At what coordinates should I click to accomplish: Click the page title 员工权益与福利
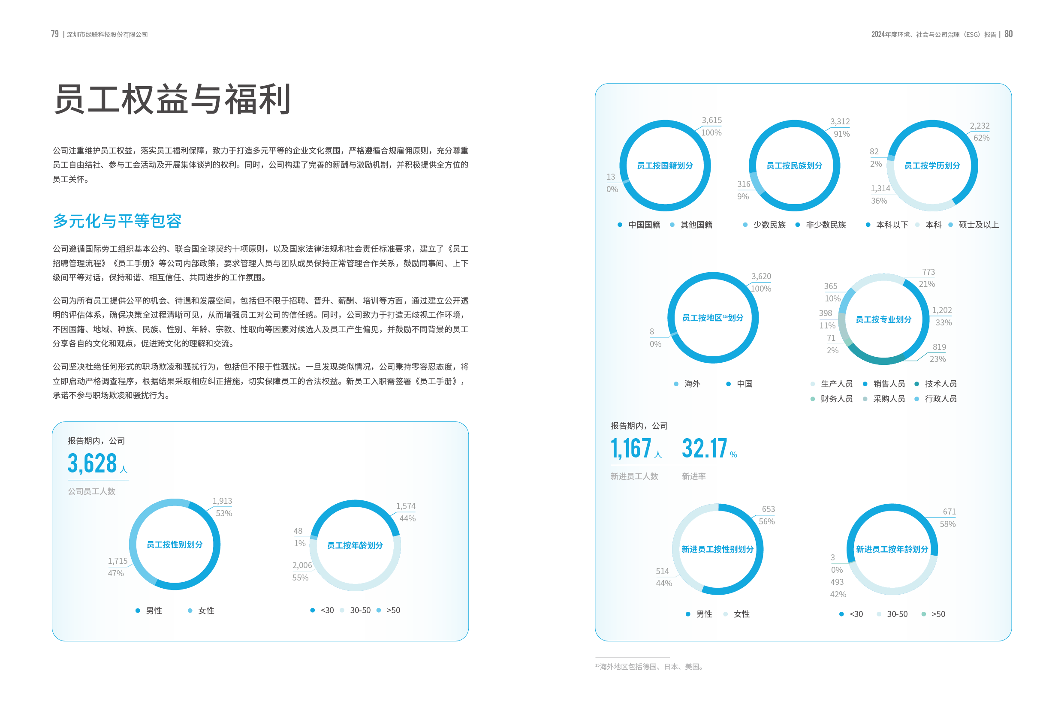[172, 99]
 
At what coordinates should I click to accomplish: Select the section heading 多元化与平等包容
[117, 221]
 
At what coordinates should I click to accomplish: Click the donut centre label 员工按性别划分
[175, 545]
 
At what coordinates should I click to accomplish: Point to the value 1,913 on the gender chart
[222, 501]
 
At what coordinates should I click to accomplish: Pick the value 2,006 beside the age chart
[302, 566]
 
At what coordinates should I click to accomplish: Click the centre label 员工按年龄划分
[355, 545]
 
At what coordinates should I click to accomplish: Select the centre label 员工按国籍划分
[665, 165]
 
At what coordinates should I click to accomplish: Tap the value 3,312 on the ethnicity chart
[840, 121]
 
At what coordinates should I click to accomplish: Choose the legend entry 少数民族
[769, 225]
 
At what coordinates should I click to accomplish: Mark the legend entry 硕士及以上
[978, 225]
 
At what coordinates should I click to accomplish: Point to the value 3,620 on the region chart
[761, 276]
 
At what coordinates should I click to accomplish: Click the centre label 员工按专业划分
[883, 319]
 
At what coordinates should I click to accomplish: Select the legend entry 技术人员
[940, 384]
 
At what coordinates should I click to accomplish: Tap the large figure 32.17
[704, 448]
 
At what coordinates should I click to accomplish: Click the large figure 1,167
[631, 448]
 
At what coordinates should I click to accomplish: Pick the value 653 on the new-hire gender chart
[768, 509]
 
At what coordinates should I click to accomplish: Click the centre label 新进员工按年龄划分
[892, 549]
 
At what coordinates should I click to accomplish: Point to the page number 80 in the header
[1008, 34]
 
